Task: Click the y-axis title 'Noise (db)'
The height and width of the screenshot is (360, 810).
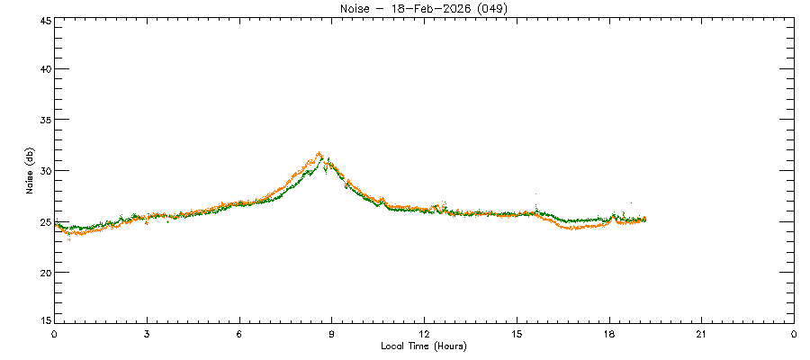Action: [30, 170]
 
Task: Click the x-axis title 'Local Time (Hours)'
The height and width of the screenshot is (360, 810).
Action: [424, 346]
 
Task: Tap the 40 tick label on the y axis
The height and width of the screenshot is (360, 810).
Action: [43, 69]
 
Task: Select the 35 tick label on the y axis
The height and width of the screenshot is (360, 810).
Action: [43, 120]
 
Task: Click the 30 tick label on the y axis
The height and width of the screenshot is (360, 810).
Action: [43, 170]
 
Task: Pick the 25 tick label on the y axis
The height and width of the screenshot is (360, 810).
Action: [43, 221]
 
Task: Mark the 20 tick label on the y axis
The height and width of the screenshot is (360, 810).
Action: [43, 272]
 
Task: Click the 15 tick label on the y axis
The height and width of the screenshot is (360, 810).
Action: [43, 320]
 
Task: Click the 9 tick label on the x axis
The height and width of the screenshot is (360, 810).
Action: [332, 334]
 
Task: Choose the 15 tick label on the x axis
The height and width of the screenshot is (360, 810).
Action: [517, 334]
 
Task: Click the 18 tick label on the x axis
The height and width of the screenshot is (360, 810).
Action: [609, 334]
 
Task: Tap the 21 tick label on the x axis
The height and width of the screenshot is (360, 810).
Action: [701, 334]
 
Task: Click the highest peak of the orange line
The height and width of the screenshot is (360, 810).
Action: [319, 154]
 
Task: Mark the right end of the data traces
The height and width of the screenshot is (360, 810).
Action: [644, 219]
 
